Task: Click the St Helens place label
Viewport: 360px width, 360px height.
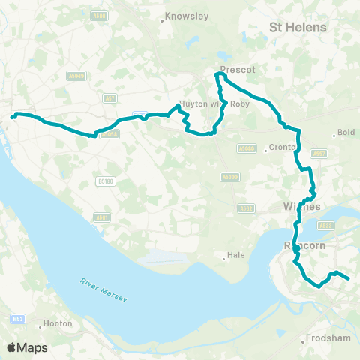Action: pyautogui.click(x=298, y=27)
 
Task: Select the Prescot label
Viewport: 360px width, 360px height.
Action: pyautogui.click(x=238, y=69)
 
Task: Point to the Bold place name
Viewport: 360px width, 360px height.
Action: pyautogui.click(x=346, y=133)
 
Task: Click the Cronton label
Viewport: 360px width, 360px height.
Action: pyautogui.click(x=283, y=147)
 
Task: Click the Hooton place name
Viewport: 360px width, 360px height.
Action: pyautogui.click(x=58, y=323)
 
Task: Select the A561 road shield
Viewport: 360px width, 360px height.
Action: pyautogui.click(x=100, y=217)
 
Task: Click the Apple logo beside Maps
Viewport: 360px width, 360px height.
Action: pyautogui.click(x=12, y=347)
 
